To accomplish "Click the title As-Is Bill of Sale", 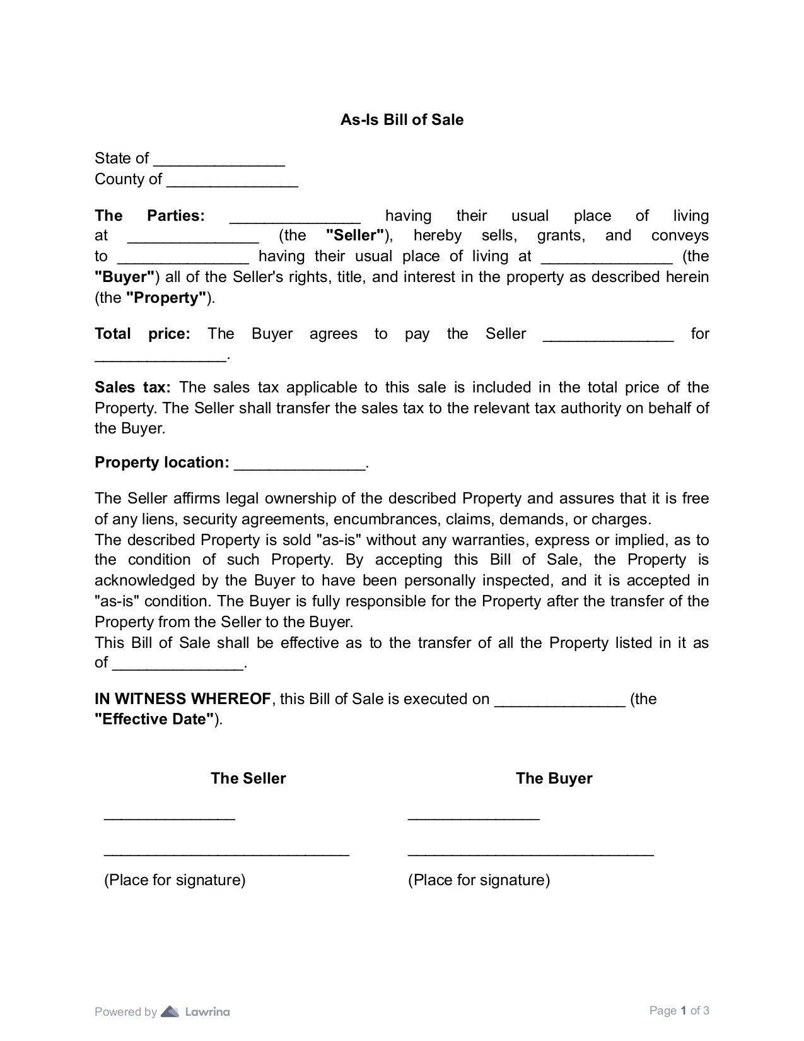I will pyautogui.click(x=402, y=120).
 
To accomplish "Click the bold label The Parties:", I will pyautogui.click(x=149, y=216).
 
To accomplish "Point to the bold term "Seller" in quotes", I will pyautogui.click(x=355, y=236).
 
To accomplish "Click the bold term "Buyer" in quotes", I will pyautogui.click(x=125, y=277).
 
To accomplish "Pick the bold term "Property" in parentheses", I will pyautogui.click(x=166, y=298).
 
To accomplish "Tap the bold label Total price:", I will pyautogui.click(x=142, y=334).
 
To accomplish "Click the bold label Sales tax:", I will pyautogui.click(x=132, y=387).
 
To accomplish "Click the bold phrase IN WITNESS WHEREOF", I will pyautogui.click(x=183, y=699).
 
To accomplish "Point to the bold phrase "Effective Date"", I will pyautogui.click(x=154, y=719).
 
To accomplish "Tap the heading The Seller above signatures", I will pyautogui.click(x=248, y=779).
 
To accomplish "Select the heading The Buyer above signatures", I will pyautogui.click(x=554, y=779).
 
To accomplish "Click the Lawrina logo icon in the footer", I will pyautogui.click(x=170, y=1012).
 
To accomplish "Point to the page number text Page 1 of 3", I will pyautogui.click(x=679, y=1011).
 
